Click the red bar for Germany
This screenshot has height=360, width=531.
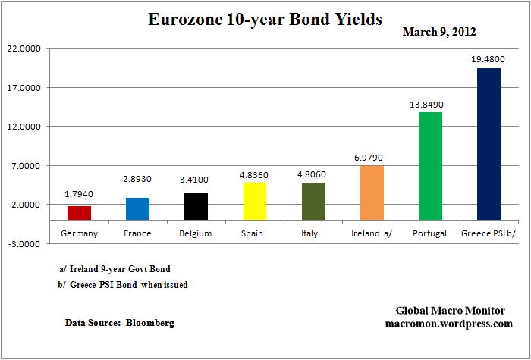79,213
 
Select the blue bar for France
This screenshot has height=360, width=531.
137,208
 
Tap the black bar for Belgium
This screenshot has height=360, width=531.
196,206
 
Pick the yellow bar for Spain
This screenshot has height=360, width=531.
255,201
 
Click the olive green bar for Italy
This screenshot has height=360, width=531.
313,201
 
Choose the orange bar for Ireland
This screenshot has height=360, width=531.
372,193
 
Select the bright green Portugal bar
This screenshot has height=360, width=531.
430,166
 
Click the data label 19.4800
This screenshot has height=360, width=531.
489,57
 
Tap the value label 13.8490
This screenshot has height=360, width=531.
430,101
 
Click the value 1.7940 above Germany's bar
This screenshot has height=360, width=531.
79,195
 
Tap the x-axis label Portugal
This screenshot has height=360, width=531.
430,233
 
